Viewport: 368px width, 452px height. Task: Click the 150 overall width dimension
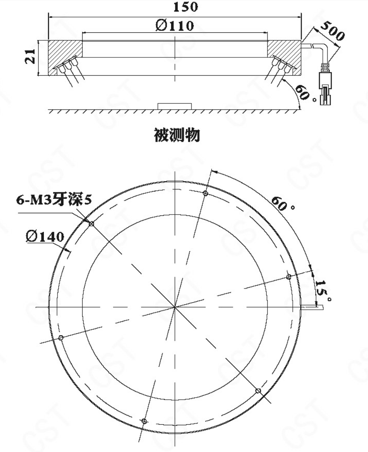pos(185,7)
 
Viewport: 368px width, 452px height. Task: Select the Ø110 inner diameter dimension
pos(174,26)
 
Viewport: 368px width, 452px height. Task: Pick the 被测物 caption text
pos(177,135)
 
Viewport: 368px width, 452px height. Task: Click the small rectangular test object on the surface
pos(174,106)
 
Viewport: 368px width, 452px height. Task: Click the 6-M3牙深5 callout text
pos(54,200)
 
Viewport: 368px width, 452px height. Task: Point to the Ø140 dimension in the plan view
pos(45,236)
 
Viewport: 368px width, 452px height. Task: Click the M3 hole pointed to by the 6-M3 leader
pos(91,223)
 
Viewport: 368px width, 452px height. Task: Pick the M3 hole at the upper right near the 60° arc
pos(205,193)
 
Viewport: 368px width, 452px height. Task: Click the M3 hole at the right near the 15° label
pos(288,277)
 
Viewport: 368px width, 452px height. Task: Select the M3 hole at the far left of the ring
pos(61,338)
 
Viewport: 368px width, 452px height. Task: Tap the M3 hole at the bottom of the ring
pos(144,421)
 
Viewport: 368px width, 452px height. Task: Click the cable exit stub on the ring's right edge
pos(312,308)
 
